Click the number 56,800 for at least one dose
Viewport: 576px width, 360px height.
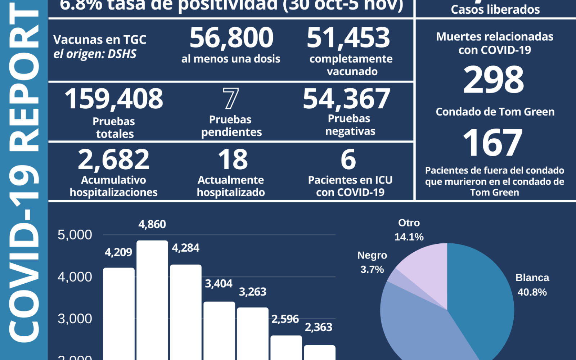coord(231,38)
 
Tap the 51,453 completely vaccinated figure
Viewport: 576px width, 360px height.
coord(348,38)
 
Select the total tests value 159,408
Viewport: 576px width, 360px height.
coord(114,99)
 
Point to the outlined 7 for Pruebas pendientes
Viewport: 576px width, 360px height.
coord(230,99)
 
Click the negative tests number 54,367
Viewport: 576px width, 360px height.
coord(346,99)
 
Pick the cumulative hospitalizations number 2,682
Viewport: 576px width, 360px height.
coord(113,160)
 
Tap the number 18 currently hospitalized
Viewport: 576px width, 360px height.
coord(233,160)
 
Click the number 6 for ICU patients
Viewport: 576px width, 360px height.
coord(348,160)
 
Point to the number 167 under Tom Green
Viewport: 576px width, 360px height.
coord(492,143)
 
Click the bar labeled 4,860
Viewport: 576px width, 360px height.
coord(152,299)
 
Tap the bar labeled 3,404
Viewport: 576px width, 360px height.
coord(219,329)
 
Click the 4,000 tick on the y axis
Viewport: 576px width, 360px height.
coord(75,277)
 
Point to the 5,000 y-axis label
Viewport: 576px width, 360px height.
coord(75,235)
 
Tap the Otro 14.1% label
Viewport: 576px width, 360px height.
coord(409,230)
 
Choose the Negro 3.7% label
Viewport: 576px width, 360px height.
coord(372,262)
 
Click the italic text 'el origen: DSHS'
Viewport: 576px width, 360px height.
coord(95,54)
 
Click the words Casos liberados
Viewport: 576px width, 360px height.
coord(495,10)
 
